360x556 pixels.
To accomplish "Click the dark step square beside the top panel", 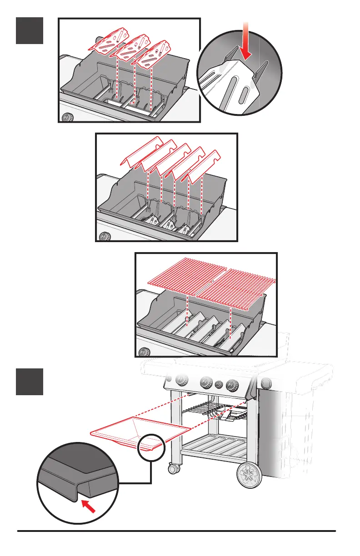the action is pos(30,30).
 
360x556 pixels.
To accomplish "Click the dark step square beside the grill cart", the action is pos(30,382).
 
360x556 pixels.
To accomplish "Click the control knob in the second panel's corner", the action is pos(104,236).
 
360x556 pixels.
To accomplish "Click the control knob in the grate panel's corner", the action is pos(145,352).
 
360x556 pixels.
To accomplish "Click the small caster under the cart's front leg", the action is pos(173,467).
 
